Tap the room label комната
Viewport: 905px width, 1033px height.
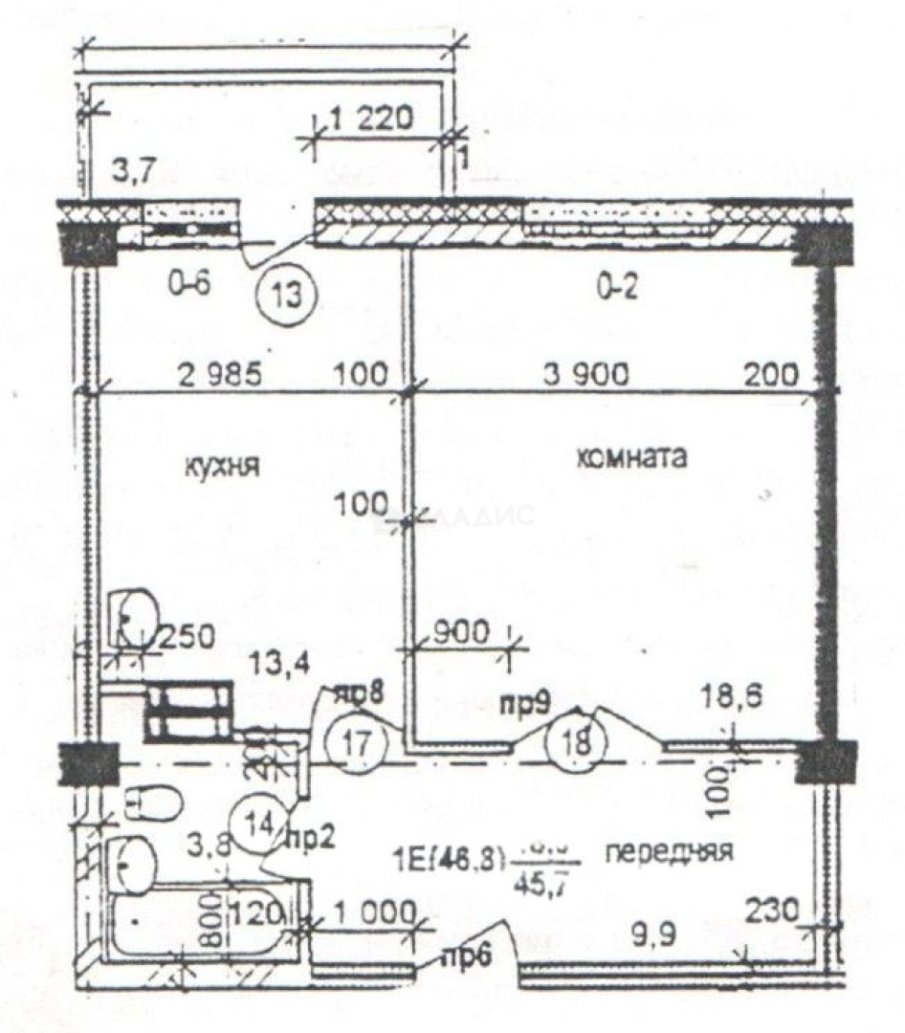[x=631, y=458]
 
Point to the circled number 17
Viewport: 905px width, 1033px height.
[x=355, y=742]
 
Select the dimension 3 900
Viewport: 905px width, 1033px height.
[x=587, y=375]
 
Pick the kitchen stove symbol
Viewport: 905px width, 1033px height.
[x=189, y=713]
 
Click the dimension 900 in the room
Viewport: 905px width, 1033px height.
[x=460, y=631]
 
